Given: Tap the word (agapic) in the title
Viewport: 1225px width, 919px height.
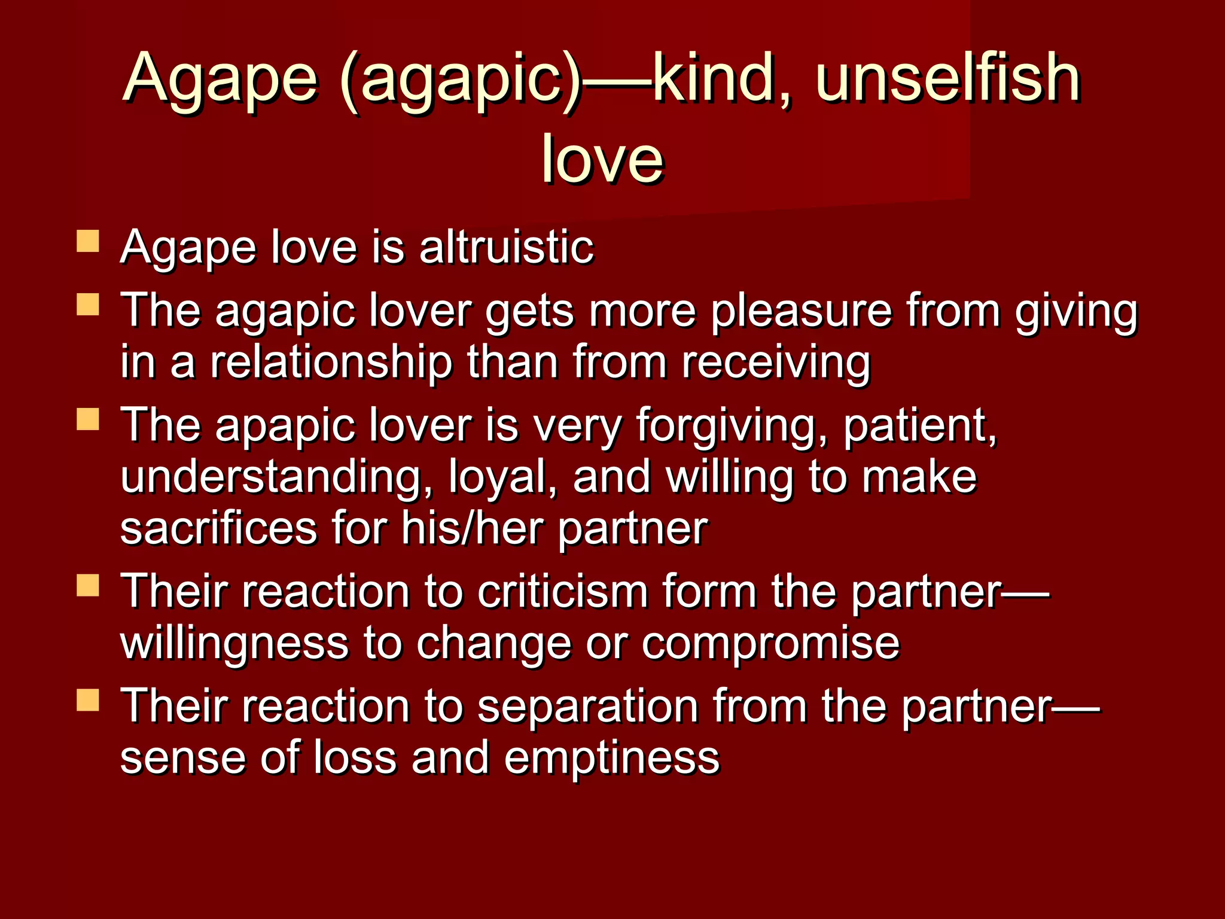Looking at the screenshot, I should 460,81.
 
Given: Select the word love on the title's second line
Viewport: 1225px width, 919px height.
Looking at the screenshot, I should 602,159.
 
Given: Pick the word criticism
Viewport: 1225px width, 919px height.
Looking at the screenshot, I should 563,592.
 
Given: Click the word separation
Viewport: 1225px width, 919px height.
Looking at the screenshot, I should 588,706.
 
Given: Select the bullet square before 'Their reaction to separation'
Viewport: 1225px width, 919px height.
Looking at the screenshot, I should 88,699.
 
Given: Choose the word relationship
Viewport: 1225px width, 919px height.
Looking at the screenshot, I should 331,363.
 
